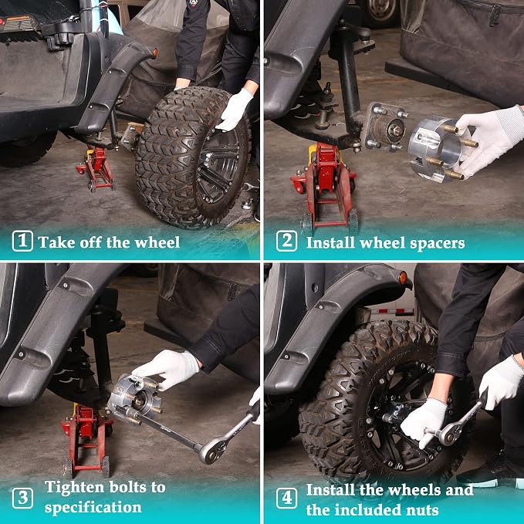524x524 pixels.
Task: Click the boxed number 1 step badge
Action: tap(22, 241)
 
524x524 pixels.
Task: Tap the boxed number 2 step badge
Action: tap(286, 241)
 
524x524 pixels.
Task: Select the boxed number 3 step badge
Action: tap(22, 498)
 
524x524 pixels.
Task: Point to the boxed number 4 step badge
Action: tap(286, 498)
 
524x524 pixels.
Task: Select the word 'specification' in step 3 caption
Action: tap(93, 508)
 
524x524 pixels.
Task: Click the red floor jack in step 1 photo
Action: tap(96, 168)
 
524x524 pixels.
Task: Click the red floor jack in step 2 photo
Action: tap(324, 186)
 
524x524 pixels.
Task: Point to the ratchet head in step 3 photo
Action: tap(210, 451)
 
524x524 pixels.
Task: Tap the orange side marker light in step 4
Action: tap(404, 278)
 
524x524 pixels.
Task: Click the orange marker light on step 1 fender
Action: tap(154, 53)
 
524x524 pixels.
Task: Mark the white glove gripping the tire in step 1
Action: tap(235, 110)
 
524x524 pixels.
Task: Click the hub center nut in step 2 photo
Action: tap(397, 130)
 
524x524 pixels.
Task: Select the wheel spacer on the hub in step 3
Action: tap(134, 398)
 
